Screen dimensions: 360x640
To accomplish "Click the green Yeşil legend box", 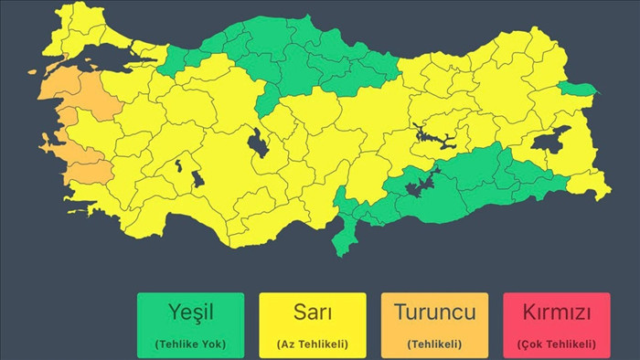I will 190,324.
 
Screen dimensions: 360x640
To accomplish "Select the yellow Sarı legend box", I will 312,324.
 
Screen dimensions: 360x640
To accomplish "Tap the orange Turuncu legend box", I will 434,324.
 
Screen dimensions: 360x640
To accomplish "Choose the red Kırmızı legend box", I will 556,324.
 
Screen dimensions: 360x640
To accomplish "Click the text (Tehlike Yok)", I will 190,344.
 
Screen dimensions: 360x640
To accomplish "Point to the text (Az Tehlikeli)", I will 312,344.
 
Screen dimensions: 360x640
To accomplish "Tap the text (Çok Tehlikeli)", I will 556,344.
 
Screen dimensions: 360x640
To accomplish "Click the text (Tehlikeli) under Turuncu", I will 434,344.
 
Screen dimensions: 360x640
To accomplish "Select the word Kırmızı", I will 556,312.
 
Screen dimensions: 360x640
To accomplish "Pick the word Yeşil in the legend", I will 190,312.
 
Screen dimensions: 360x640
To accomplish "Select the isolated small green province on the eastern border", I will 576,89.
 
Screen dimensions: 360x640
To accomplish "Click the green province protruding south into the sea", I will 345,239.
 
